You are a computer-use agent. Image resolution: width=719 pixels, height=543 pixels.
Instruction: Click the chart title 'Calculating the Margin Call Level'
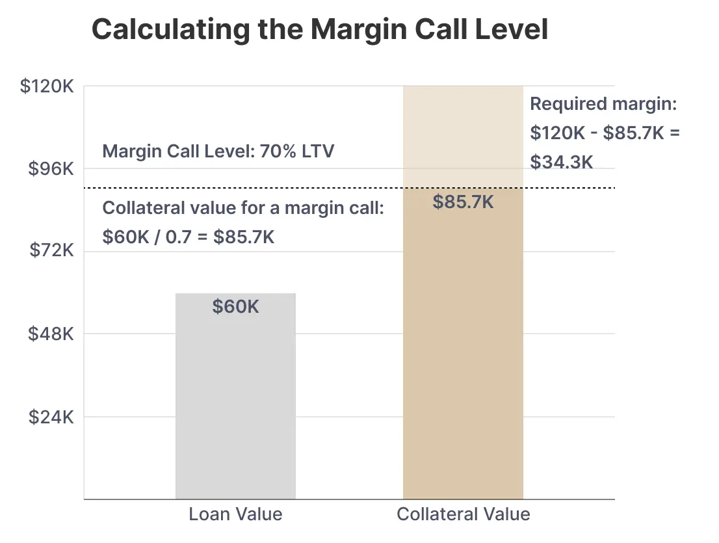[319, 30]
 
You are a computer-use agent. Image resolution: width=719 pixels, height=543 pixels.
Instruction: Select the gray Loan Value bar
[235, 403]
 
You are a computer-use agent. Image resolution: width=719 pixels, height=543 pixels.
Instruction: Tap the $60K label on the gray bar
[235, 306]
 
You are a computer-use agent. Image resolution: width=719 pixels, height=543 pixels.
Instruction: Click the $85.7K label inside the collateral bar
[463, 202]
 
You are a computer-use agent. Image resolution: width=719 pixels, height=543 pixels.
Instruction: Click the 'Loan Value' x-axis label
[235, 514]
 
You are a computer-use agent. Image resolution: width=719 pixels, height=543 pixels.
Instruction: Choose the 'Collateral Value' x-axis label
[463, 514]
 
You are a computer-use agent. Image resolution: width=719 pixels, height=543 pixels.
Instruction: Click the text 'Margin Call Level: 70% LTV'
[218, 152]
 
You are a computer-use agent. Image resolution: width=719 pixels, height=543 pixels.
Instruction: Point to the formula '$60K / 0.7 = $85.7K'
[189, 237]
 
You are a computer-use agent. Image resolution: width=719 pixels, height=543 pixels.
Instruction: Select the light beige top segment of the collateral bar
[463, 137]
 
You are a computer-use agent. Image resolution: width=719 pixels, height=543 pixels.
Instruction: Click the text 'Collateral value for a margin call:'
[244, 208]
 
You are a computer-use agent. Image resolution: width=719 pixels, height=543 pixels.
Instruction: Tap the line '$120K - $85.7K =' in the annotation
[605, 133]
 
